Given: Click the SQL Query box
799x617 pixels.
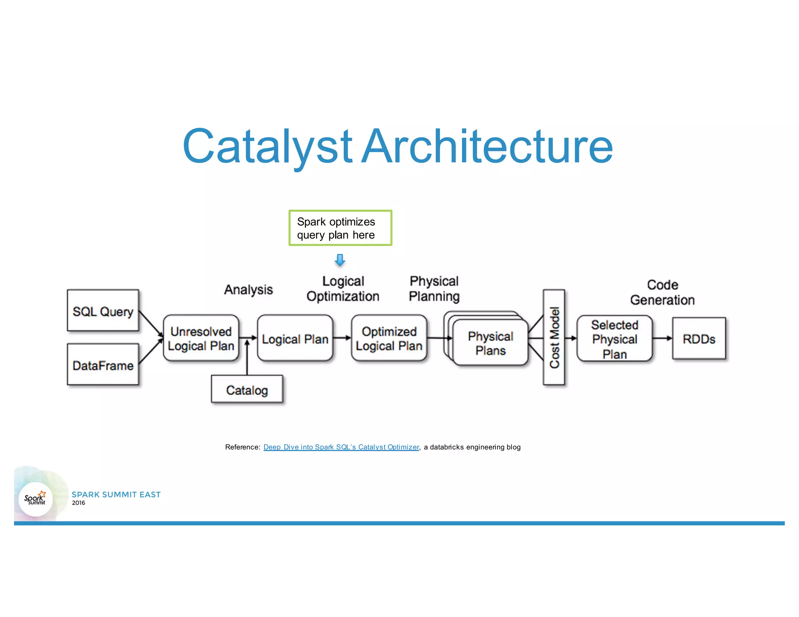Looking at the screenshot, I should click(103, 310).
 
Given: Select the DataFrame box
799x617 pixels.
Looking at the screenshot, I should click(103, 365).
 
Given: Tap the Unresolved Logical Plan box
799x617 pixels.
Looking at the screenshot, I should click(201, 338).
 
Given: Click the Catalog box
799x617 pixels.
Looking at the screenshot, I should click(247, 389).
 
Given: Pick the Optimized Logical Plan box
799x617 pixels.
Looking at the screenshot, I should click(389, 338).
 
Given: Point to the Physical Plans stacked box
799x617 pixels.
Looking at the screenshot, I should click(490, 342).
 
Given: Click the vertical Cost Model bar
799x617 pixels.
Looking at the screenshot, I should click(554, 337).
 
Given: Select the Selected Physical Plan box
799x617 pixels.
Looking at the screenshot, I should click(614, 339).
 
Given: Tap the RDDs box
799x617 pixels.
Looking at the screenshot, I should click(699, 339).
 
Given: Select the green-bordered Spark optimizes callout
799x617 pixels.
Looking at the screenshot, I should click(340, 228).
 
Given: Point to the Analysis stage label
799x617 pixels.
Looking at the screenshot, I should click(248, 289).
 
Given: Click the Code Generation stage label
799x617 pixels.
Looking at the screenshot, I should click(662, 292).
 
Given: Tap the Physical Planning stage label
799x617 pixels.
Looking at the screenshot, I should click(434, 289).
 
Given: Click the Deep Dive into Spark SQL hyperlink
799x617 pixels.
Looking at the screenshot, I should click(341, 447).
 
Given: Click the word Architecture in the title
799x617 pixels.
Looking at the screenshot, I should click(487, 146).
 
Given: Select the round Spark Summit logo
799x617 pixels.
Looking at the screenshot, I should click(36, 499).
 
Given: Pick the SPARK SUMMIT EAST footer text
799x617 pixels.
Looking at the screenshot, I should click(116, 495).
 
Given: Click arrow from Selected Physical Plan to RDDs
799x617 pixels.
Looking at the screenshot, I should click(662, 338).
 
